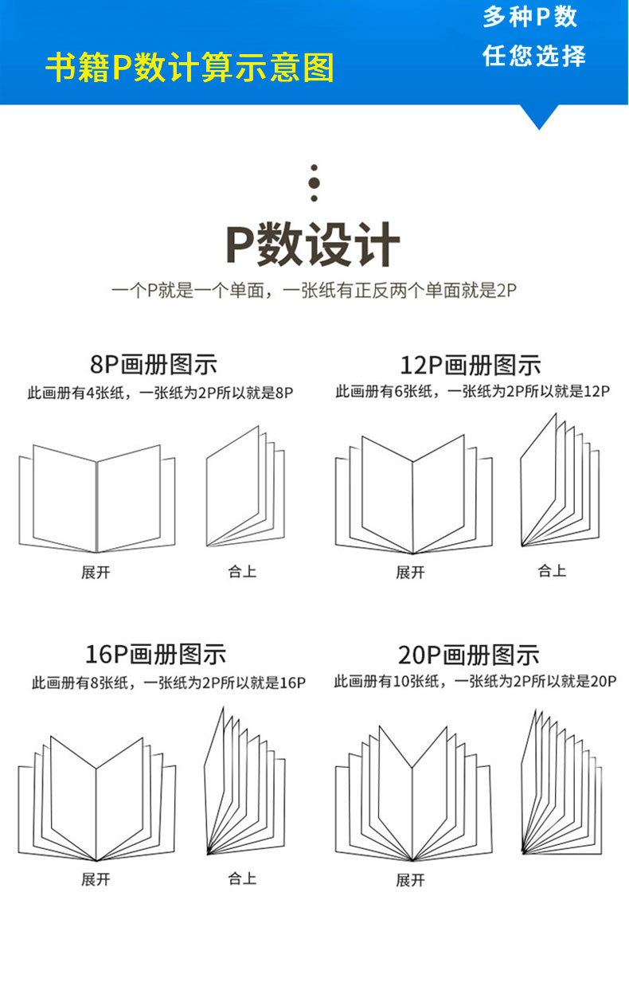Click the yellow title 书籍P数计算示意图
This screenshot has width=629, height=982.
pos(189,68)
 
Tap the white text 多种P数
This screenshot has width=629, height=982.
pos(530,18)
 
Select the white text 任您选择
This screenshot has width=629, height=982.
pos(533,56)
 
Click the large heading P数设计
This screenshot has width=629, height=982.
pos(313,245)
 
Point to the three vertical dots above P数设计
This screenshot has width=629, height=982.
pos(314,183)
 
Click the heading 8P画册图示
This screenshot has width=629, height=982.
pos(153,365)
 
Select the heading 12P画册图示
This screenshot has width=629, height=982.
pos(470,366)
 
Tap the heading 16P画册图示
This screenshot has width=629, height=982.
pos(155,655)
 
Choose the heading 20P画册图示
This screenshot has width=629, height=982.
pos(469,655)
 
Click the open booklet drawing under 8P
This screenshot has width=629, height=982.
pos(96,498)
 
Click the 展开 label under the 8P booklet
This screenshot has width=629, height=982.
pos(96,573)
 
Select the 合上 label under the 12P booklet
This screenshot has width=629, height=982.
pos(552,570)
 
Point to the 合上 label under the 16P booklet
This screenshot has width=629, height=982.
pos(242,878)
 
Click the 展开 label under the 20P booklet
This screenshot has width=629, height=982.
pos(410,880)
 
